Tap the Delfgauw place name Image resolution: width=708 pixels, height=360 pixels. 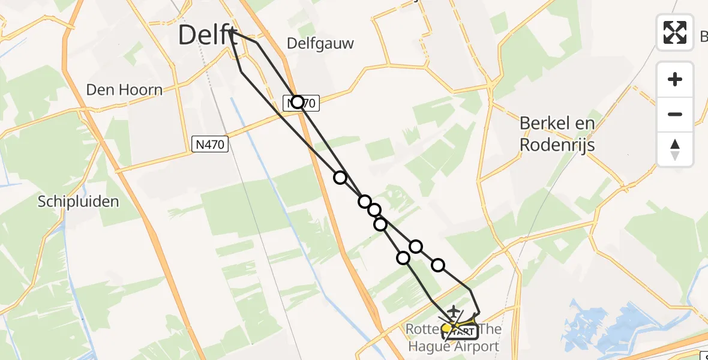(x=320, y=43)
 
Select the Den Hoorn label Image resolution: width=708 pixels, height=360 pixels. (x=124, y=90)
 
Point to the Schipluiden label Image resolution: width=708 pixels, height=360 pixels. (x=79, y=202)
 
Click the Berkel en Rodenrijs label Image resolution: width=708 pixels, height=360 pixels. (x=557, y=134)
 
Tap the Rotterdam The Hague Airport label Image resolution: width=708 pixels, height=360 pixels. (x=454, y=338)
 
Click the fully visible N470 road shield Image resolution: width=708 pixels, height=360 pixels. (x=210, y=144)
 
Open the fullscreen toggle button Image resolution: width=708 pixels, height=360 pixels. (x=675, y=32)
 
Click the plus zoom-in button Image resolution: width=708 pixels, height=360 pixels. (x=675, y=79)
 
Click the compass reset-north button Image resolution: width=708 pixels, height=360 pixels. (x=675, y=149)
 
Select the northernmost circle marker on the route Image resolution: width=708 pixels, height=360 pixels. (x=298, y=102)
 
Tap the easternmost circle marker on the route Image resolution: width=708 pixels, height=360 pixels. (x=438, y=265)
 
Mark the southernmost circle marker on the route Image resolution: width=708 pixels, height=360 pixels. (x=403, y=258)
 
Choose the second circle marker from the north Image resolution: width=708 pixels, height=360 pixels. (x=340, y=177)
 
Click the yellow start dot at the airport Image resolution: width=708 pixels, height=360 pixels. (x=447, y=328)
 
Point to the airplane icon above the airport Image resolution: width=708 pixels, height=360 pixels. (x=454, y=311)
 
